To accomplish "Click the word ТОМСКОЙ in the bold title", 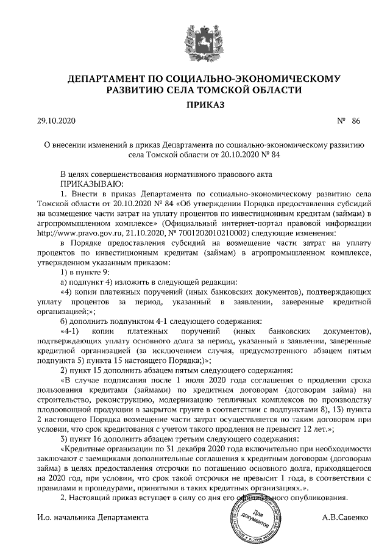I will pos(238,90).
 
